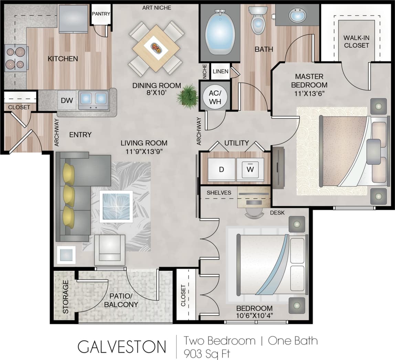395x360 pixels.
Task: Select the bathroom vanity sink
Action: click(297, 15)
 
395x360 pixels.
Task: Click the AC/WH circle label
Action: click(215, 96)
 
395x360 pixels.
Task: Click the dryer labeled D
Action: click(222, 170)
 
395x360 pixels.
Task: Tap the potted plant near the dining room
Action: click(188, 97)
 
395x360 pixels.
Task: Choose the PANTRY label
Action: click(101, 14)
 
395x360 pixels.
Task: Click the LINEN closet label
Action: click(221, 72)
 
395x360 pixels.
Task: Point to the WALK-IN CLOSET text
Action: click(356, 42)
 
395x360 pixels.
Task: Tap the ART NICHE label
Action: click(157, 8)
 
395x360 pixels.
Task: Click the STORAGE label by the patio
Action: click(65, 297)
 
